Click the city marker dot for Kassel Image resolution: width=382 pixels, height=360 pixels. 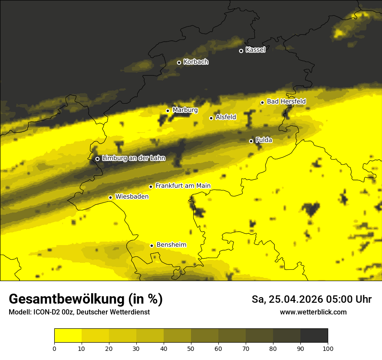pos(241,51)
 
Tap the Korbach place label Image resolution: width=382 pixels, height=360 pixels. pos(196,62)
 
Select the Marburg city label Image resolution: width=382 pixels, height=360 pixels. pos(185,110)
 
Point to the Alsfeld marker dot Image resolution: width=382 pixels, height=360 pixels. pos(211,118)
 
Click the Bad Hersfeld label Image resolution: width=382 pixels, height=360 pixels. pos(286,101)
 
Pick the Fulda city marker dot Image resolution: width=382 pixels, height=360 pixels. pos(251,141)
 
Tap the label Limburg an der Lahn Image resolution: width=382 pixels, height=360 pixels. pos(134,158)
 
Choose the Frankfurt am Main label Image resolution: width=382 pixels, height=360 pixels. pos(183,186)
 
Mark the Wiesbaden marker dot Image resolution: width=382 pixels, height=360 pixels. pos(111,197)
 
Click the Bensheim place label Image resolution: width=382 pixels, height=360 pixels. pos(171,245)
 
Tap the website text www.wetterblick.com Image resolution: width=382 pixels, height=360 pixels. pos(313,312)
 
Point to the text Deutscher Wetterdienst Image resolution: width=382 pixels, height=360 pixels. pos(113,312)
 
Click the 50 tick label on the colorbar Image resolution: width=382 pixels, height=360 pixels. pos(191,348)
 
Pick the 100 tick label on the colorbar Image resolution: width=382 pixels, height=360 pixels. pos(328,348)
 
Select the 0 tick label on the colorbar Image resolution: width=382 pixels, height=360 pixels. pos(54,348)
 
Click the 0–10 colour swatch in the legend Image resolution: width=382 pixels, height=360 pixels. pos(68,336)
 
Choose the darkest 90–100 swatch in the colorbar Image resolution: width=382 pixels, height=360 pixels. pos(314,336)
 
